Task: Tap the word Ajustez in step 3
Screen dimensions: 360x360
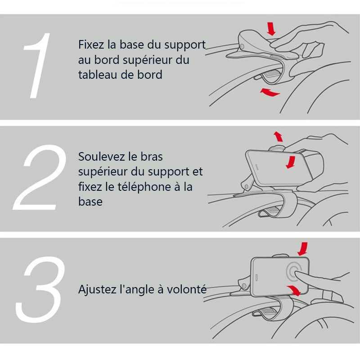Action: coord(96,289)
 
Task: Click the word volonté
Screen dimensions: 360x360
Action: coord(186,289)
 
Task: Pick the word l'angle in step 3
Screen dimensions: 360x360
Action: coord(135,289)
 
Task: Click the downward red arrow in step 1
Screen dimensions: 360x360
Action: coord(271,29)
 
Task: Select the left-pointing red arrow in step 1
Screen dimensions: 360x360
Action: coord(270,92)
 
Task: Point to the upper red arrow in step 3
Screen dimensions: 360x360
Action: coord(303,249)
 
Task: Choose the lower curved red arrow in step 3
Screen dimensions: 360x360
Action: coord(295,290)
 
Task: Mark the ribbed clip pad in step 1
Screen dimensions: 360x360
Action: coord(269,75)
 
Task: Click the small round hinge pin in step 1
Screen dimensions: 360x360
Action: coord(242,47)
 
